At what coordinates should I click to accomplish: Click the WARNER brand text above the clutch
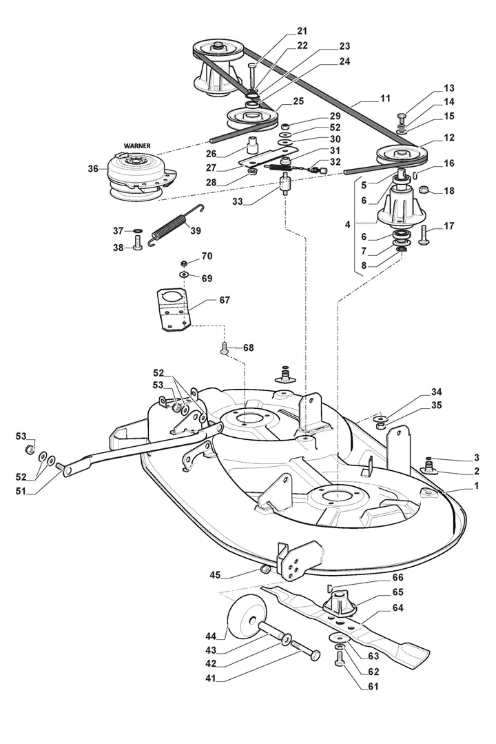[136, 146]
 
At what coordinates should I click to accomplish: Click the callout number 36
[93, 168]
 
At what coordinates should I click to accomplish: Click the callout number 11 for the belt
[385, 99]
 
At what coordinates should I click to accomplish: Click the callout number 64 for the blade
[398, 607]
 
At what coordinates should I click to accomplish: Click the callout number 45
[215, 576]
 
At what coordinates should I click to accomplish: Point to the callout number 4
[347, 224]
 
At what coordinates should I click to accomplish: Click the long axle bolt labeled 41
[307, 650]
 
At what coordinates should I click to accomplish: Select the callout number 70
[207, 256]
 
